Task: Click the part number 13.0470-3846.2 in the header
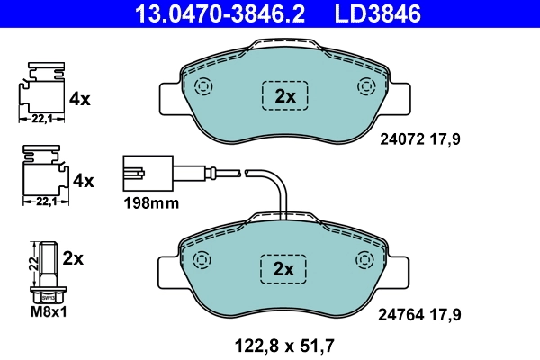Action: (211, 14)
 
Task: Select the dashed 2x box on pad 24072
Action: (284, 96)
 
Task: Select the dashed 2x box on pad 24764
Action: (284, 269)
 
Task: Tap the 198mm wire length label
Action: (150, 203)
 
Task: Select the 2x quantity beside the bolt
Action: (73, 258)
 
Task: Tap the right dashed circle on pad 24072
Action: (365, 87)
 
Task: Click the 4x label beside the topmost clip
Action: (80, 99)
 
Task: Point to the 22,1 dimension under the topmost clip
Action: (39, 119)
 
